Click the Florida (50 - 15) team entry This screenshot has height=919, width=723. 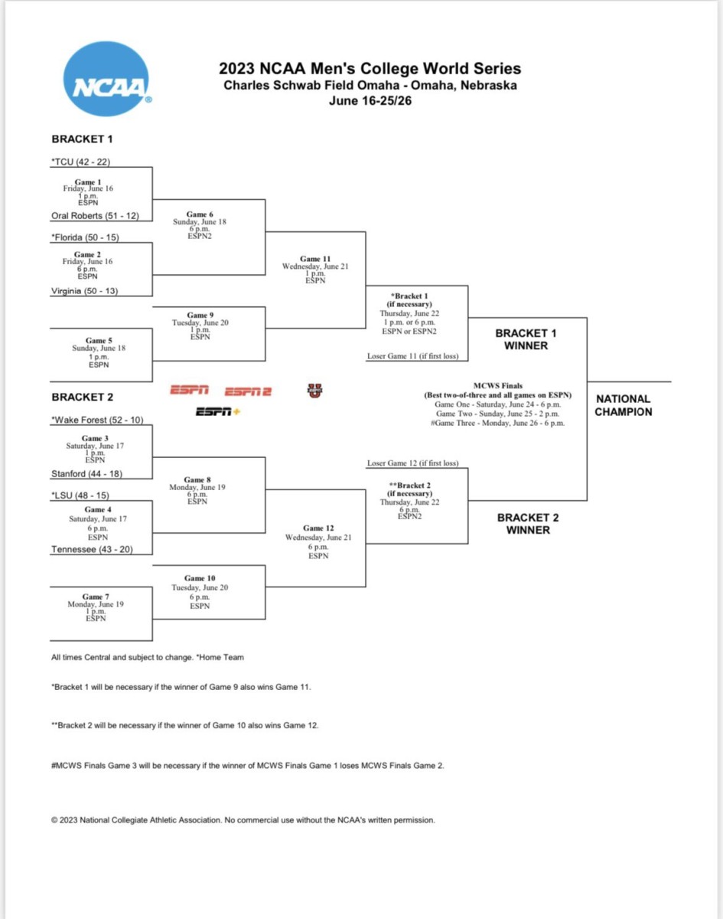coord(86,237)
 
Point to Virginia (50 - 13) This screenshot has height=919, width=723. coord(84,291)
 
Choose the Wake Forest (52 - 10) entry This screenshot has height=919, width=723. coord(97,420)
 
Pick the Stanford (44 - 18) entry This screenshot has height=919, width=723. coord(86,474)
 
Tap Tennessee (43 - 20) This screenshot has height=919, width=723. coord(91,549)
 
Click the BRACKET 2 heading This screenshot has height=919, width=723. coord(82,397)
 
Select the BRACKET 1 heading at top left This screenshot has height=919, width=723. coord(82,139)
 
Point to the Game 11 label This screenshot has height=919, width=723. coord(315,259)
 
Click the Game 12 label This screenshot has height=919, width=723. coord(318,528)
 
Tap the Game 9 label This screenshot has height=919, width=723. coord(197,315)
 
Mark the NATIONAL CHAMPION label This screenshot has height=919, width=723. coord(624,405)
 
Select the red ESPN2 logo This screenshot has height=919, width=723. coord(248,391)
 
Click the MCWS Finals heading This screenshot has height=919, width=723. coord(498,385)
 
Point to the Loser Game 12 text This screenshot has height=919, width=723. coord(412,463)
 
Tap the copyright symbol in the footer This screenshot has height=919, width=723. coord(54,820)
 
